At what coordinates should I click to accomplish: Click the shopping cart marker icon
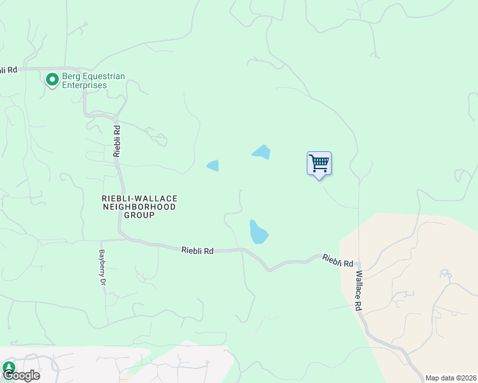coord(319,163)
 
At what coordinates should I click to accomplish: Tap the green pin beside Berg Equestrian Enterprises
coord(52,80)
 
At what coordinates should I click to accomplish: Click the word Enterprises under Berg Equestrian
coord(84,86)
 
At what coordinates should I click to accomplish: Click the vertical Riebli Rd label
coord(117,140)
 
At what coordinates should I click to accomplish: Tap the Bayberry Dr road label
coord(102,266)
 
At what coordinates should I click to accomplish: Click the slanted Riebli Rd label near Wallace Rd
coord(337,260)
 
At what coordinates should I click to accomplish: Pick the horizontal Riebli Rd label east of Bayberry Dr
coord(197,251)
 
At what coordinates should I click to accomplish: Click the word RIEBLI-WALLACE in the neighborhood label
coord(139,199)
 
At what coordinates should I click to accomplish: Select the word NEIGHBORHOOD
coord(139,207)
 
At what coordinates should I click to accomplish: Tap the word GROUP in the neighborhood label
coord(139,215)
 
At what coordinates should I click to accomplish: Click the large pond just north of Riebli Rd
coord(258,232)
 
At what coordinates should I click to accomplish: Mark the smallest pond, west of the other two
coord(213,165)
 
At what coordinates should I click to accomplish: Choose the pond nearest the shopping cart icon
coord(261,152)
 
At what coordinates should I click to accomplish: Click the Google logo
coord(21,375)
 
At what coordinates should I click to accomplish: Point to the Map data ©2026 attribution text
coord(451,378)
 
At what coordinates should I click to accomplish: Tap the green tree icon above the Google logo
coord(8,366)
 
